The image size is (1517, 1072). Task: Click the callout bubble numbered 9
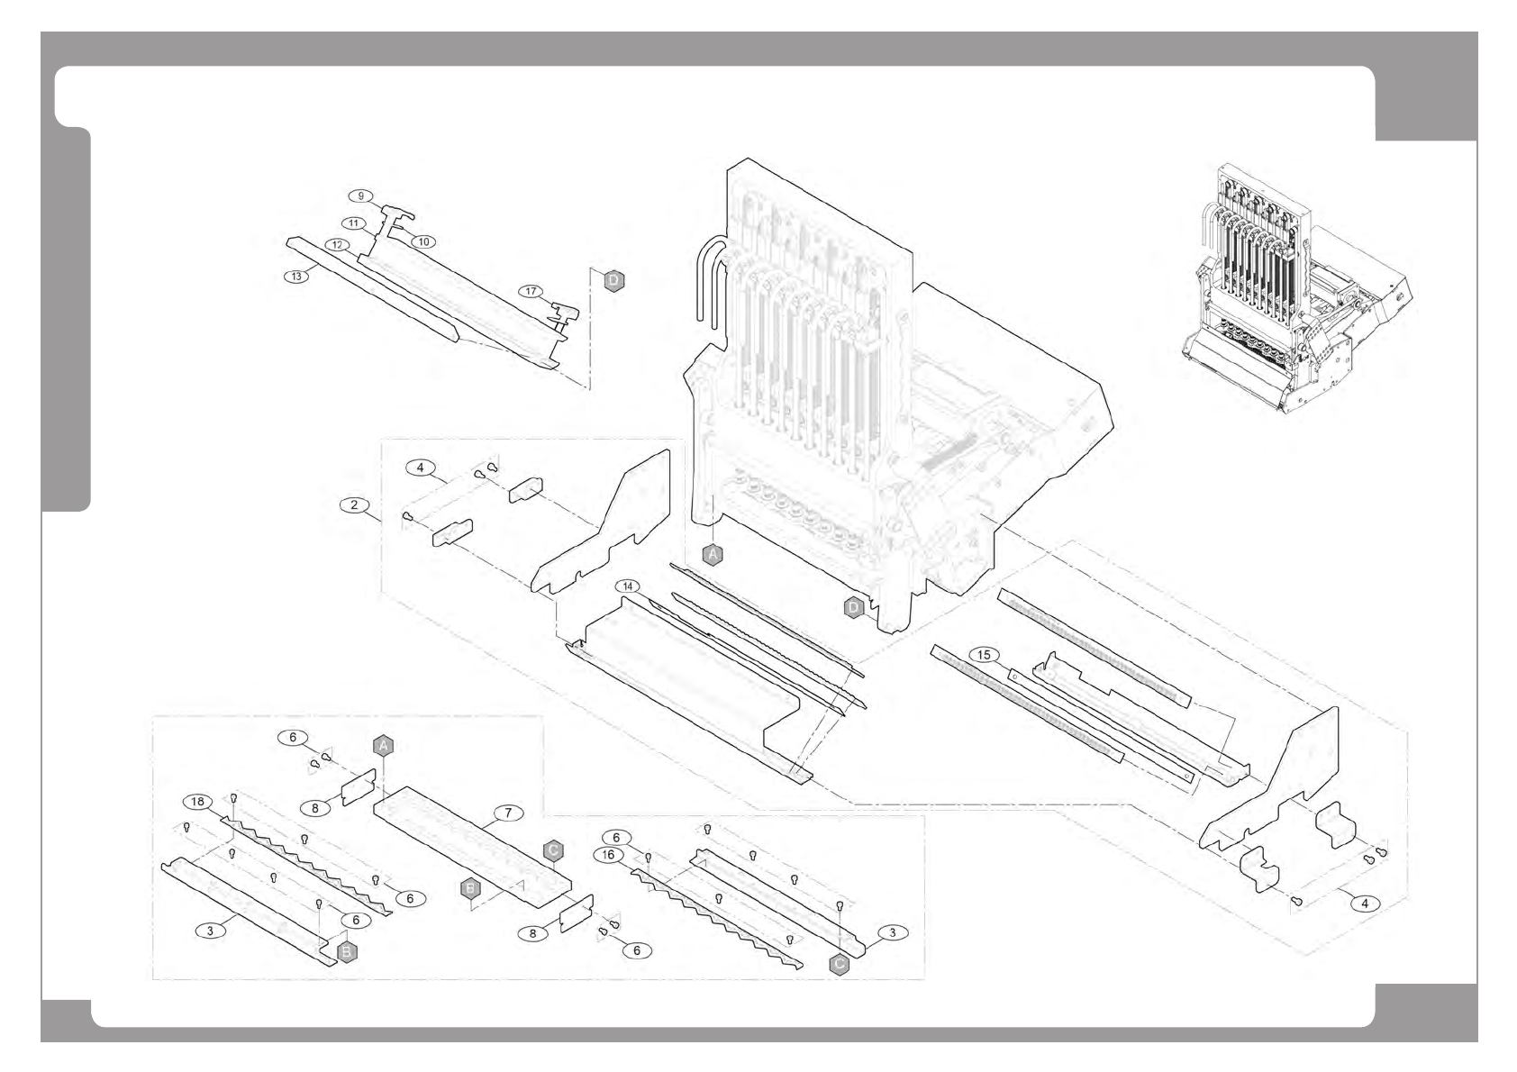tap(361, 195)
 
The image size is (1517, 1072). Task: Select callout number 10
tap(423, 241)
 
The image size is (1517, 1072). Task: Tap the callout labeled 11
tap(353, 223)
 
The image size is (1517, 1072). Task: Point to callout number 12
tap(337, 244)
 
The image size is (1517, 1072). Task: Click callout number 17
tap(531, 291)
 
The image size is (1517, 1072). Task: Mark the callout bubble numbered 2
tap(354, 504)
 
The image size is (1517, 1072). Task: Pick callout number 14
tap(629, 586)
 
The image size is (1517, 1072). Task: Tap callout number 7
tap(508, 813)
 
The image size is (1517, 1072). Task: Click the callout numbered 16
tap(608, 854)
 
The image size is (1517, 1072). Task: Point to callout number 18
tap(197, 802)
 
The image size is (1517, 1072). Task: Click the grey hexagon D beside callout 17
tap(613, 281)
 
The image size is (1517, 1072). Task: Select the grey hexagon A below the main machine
tap(713, 555)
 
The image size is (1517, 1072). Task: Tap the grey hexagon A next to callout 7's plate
tap(383, 745)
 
